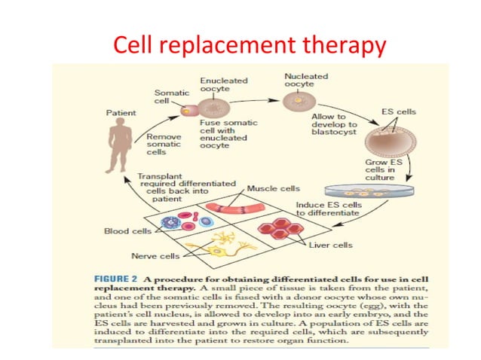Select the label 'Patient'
120,112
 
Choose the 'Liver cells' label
330,245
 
